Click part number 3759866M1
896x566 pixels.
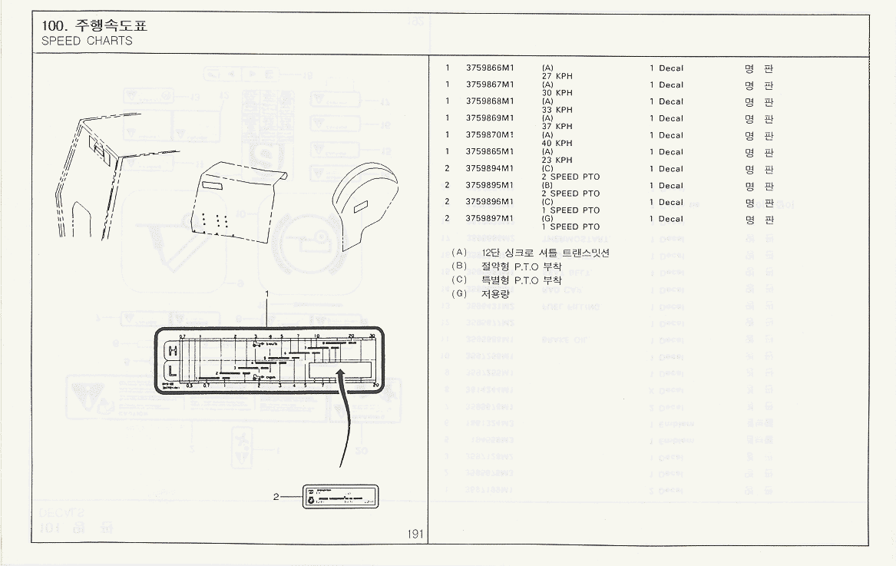490,68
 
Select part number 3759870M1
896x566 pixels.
490,135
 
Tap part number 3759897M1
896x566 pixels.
490,219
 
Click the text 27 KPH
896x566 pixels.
557,77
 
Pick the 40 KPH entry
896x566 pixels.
557,144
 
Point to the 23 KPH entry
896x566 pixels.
557,161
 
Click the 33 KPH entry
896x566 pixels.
557,110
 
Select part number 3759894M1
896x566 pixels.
490,169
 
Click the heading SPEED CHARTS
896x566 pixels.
87,41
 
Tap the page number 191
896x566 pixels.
416,534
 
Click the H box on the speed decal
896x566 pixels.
174,351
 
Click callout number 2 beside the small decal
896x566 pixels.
276,497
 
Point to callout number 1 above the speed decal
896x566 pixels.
266,294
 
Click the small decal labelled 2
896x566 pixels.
340,497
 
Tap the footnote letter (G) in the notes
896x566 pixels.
460,294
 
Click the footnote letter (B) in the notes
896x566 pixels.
460,266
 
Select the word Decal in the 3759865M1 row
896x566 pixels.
670,152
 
